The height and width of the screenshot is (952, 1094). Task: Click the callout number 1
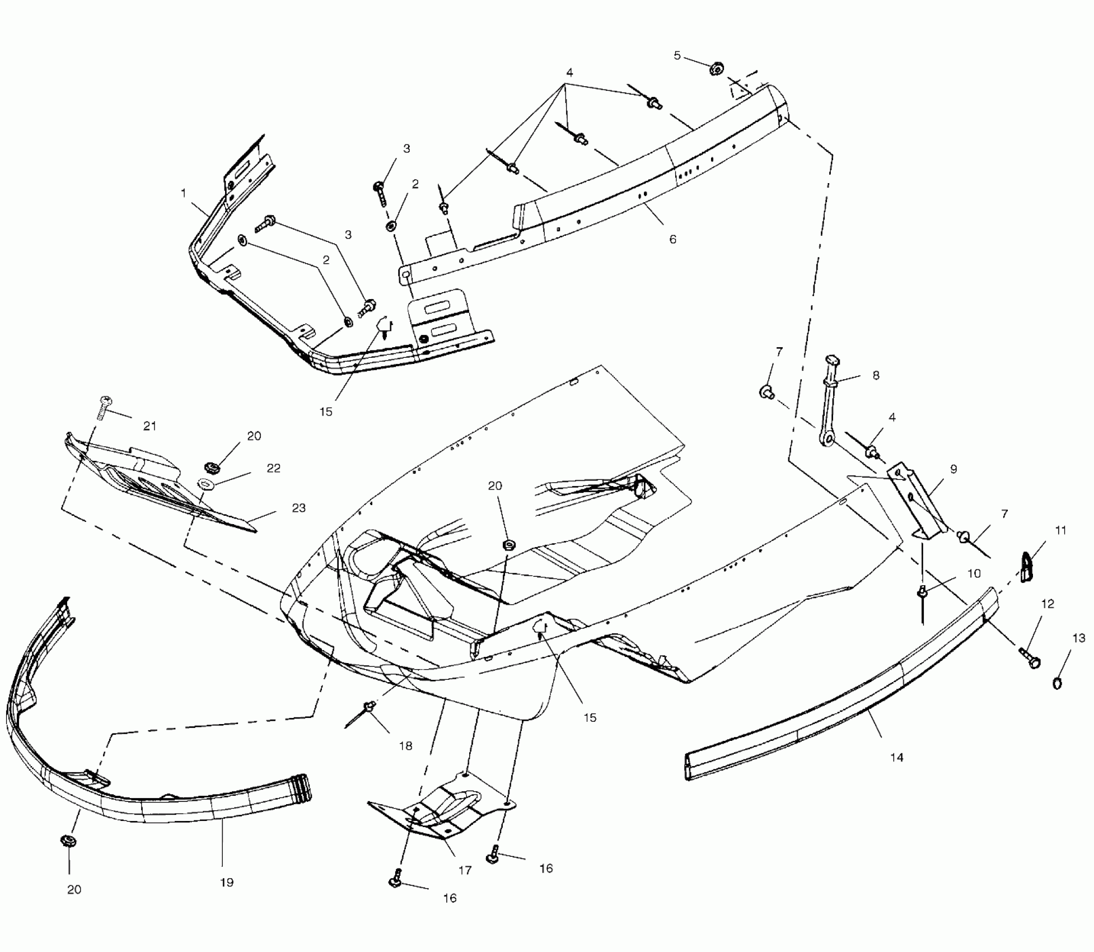tap(183, 193)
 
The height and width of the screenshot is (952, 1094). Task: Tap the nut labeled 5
tap(716, 69)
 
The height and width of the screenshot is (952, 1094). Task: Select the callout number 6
tap(672, 239)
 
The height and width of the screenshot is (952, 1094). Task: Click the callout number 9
tap(953, 469)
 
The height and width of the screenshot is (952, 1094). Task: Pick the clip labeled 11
tap(1026, 566)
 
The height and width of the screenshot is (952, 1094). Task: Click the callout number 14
tap(896, 757)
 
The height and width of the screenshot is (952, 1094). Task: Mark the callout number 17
tap(465, 870)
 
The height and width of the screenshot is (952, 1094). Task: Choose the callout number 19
tap(226, 882)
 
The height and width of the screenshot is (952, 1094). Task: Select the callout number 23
tap(298, 507)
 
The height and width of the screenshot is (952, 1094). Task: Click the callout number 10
tap(974, 573)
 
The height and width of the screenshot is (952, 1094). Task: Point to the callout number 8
tap(876, 375)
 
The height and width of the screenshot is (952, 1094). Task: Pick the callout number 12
tap(1048, 604)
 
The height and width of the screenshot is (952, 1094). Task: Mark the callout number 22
tap(273, 468)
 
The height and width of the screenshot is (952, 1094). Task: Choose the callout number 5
tap(677, 55)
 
